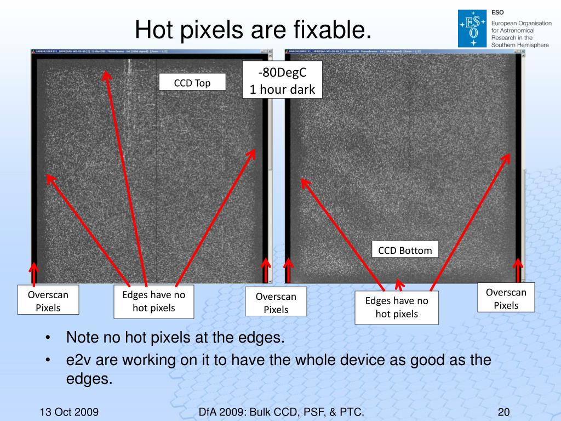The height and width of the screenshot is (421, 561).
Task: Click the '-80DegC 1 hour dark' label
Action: coord(282,79)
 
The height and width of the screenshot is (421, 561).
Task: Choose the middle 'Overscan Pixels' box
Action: coord(276,303)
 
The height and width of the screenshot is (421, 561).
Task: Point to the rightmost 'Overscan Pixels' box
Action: coord(506,299)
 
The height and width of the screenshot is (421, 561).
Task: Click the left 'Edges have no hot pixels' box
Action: coord(153,301)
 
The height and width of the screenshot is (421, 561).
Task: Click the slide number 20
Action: coord(504,412)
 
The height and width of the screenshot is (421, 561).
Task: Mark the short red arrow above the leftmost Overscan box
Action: coord(34,274)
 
